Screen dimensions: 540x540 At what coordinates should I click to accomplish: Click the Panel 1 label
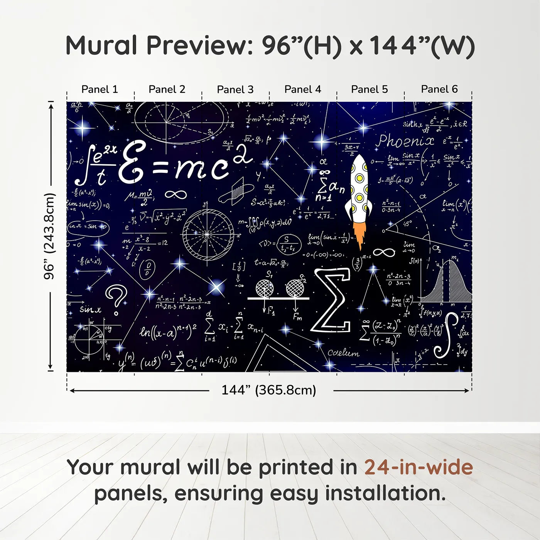[x=100, y=89]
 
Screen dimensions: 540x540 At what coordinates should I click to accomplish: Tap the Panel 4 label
[x=302, y=89]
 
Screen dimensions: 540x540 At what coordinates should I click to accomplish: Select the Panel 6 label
[x=439, y=89]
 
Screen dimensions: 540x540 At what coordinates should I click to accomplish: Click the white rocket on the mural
[x=358, y=189]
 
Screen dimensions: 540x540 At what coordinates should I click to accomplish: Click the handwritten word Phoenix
[x=405, y=141]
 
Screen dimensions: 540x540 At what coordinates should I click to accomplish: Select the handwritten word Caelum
[x=343, y=353]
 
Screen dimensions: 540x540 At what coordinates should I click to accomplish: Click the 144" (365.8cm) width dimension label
[x=268, y=390]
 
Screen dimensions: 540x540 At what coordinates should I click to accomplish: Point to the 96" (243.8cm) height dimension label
[x=49, y=236]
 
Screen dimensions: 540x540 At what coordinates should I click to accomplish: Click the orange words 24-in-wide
[x=418, y=467]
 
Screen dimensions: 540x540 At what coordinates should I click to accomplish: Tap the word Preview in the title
[x=199, y=46]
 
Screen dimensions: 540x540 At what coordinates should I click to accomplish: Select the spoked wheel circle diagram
[x=208, y=234]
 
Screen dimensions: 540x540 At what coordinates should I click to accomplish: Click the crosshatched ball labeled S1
[x=265, y=288]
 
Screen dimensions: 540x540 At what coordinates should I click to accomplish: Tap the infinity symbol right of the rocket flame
[x=384, y=252]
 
